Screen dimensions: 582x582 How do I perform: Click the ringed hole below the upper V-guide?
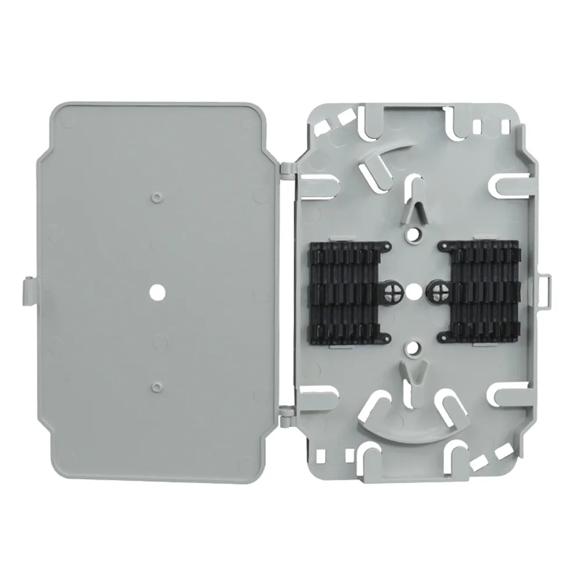click(413, 233)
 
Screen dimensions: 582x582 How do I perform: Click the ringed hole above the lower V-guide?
click(413, 347)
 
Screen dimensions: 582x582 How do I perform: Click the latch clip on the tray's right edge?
click(545, 289)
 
